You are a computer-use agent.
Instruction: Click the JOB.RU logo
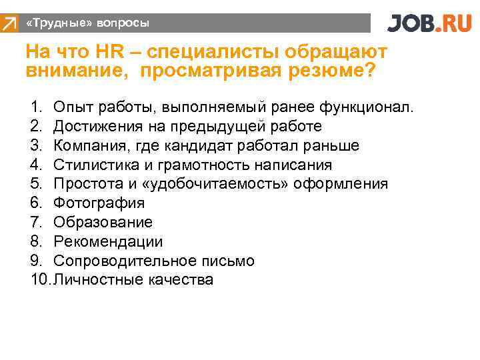(429, 23)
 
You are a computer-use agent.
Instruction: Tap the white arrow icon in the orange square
(9, 24)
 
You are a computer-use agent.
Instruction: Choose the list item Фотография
(99, 203)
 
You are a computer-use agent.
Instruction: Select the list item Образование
(103, 222)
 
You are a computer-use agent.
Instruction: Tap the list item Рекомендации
(108, 241)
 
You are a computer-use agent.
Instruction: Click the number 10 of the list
(39, 280)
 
